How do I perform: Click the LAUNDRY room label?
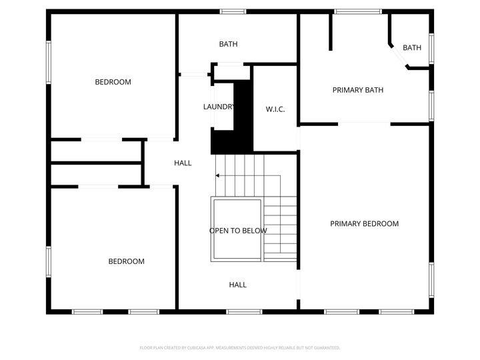point(219,107)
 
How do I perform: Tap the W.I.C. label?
point(275,109)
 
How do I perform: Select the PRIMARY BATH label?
point(358,90)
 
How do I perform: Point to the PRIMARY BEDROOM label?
point(365,224)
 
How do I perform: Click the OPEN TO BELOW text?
point(238,231)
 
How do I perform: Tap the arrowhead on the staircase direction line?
point(217,176)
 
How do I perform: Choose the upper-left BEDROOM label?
point(113,82)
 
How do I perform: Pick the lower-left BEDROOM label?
point(127,261)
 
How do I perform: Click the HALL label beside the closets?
point(183,163)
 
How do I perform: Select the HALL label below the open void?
point(238,285)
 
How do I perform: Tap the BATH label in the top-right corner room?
point(412,47)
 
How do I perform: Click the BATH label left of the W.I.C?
point(229,44)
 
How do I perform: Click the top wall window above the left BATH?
point(233,11)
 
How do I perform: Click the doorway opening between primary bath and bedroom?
point(364,123)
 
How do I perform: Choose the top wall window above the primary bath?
point(358,11)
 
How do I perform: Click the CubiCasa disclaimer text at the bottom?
point(240,347)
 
